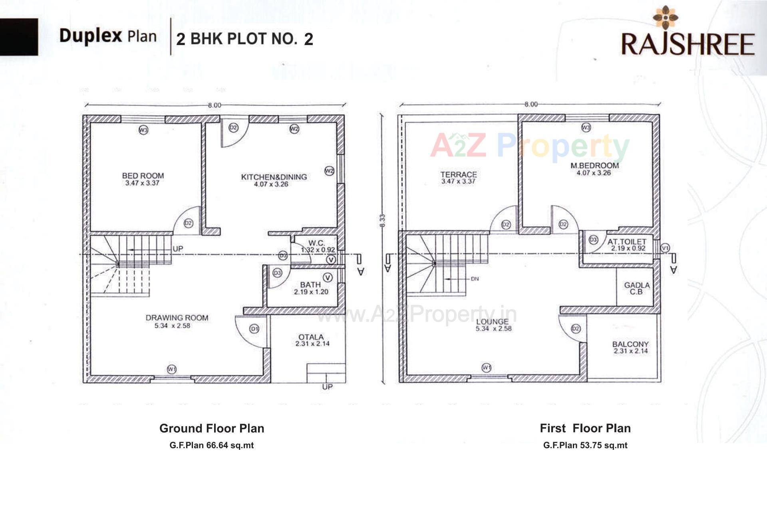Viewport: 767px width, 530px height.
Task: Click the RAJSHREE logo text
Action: (688, 44)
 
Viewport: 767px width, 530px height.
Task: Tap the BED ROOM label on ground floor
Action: (143, 176)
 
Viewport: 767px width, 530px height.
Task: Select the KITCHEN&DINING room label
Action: (274, 177)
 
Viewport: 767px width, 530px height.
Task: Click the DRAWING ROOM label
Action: (177, 318)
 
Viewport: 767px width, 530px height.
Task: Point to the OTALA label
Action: (311, 337)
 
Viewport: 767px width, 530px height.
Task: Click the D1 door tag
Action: (254, 328)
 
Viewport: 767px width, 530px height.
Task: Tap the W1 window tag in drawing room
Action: (171, 369)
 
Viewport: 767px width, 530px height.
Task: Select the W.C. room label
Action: (316, 243)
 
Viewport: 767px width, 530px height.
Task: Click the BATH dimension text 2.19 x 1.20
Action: (311, 292)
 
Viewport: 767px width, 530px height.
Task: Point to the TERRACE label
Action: (458, 174)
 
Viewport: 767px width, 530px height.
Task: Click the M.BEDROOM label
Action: (594, 165)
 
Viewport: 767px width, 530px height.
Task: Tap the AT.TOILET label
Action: (626, 241)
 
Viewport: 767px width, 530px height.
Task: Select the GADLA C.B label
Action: (636, 288)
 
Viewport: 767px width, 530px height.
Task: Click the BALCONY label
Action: (630, 344)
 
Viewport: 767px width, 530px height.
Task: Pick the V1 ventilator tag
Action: (665, 248)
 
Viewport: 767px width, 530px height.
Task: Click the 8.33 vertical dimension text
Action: (382, 221)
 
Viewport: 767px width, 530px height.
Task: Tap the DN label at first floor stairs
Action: (475, 279)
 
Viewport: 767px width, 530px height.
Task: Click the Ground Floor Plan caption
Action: (211, 428)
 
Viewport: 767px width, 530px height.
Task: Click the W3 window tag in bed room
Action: (143, 130)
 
